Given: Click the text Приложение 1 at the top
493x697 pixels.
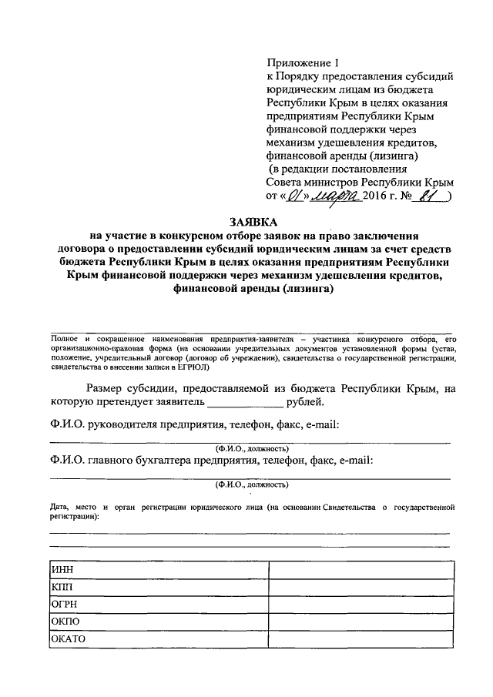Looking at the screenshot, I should pyautogui.click(x=302, y=62).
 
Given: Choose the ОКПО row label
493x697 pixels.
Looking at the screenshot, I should pyautogui.click(x=65, y=622).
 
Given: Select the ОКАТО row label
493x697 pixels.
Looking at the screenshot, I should pyautogui.click(x=68, y=639).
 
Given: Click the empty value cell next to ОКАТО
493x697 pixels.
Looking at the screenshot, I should pyautogui.click(x=361, y=639).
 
